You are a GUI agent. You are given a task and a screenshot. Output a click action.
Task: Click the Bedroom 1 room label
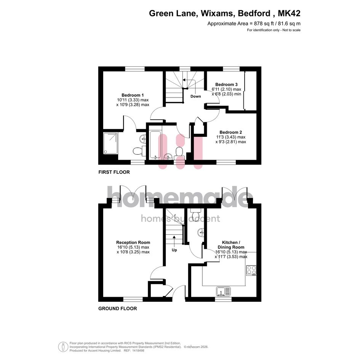click(133, 95)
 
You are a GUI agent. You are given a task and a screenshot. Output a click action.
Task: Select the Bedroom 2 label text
click(231, 132)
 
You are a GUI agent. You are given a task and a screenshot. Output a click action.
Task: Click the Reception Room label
click(133, 242)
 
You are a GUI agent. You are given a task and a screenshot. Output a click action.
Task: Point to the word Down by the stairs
click(195, 96)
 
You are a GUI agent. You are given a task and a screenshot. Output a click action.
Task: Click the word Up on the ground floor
click(174, 250)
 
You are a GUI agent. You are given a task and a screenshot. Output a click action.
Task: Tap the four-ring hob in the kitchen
click(251, 270)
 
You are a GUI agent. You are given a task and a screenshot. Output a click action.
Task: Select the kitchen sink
click(223, 291)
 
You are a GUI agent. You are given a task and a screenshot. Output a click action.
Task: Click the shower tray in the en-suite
click(110, 143)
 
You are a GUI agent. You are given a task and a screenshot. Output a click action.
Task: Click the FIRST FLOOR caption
click(114, 172)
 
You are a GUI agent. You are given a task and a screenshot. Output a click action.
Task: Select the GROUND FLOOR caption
click(118, 309)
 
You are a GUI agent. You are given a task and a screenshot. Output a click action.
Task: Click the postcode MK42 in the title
click(289, 13)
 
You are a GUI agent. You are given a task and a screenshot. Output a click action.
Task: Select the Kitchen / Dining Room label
click(231, 245)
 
